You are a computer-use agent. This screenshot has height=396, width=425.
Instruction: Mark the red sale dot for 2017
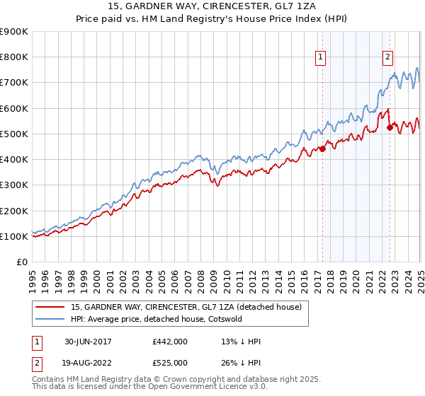[x=322, y=148]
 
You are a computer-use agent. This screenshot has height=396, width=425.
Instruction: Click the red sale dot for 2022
[x=390, y=127]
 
